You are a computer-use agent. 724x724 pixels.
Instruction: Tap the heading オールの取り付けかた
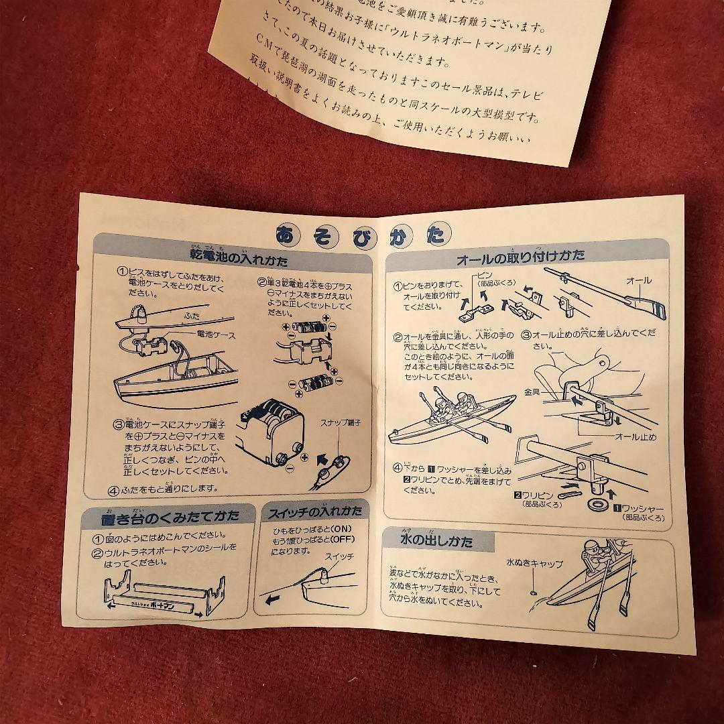[520, 256]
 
